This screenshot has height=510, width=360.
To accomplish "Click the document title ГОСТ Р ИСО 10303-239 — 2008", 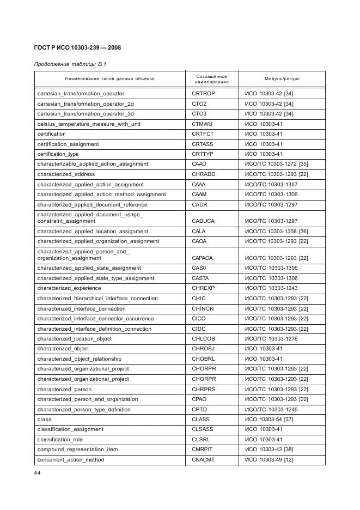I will tap(77, 48).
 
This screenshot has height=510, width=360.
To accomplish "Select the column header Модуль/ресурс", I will tap(282, 79).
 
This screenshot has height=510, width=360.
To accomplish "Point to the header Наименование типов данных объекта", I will tap(109, 79).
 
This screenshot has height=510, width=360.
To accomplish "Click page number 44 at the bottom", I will tap(38, 473).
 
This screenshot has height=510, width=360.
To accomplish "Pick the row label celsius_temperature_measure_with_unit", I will tap(89, 124).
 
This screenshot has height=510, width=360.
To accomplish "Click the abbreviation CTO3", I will tap(199, 114).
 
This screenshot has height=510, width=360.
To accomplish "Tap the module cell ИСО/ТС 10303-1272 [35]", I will tap(276, 164).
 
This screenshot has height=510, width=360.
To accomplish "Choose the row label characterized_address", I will tap(66, 174).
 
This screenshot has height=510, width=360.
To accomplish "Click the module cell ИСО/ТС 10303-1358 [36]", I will tap(276, 232).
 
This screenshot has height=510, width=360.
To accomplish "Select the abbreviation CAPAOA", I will tap(202, 258).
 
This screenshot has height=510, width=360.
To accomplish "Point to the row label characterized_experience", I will tap(69, 288).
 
